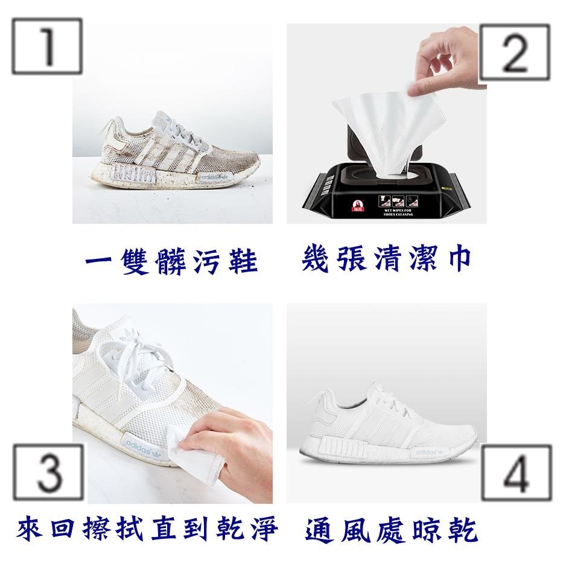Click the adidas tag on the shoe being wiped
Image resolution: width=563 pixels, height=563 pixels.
150,446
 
